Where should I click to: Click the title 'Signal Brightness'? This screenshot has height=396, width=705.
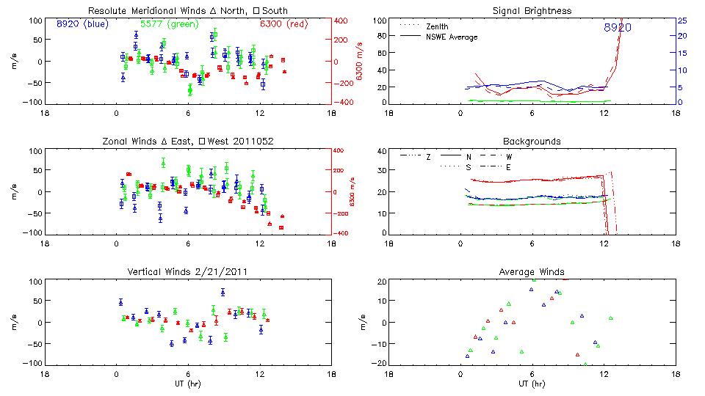pos(532,11)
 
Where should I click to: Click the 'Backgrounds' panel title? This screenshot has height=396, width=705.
pos(532,141)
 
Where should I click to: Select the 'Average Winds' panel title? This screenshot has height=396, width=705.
pos(532,272)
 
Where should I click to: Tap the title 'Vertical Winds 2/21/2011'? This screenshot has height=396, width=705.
pos(189,272)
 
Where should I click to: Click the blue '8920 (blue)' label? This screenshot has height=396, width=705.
pos(82,23)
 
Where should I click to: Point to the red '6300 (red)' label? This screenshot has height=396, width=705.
pos(283,23)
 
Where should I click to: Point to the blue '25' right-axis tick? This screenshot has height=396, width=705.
pos(682,21)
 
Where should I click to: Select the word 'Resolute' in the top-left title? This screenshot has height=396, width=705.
pos(105,11)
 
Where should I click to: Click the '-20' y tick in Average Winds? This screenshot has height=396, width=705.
pos(379,364)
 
